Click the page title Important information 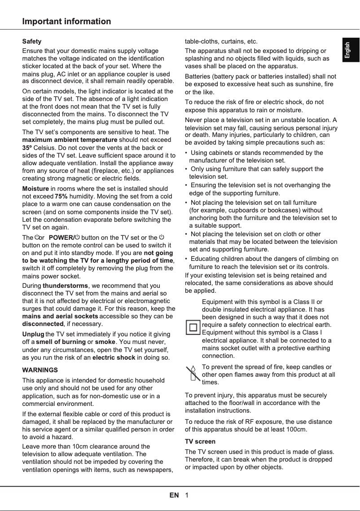66,22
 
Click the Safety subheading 32,41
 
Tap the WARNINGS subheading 40,370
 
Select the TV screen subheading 200,441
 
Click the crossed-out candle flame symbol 193,374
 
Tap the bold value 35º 27,147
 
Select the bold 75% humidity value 61,196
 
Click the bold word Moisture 35,188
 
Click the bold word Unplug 33,334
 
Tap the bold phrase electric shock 114,357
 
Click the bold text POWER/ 61,237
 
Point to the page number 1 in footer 186,495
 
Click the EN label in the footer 174,495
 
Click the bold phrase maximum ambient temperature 70,140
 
